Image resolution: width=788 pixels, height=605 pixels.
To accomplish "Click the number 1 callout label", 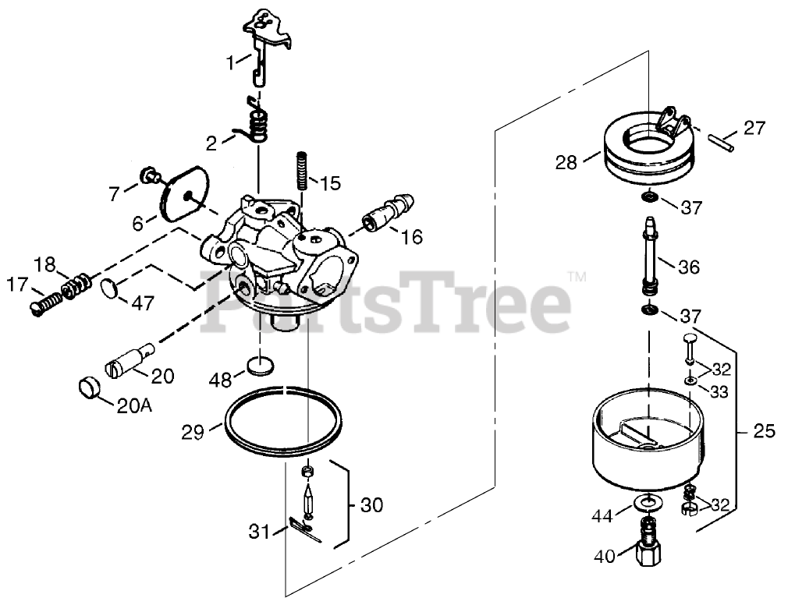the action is point(230,62).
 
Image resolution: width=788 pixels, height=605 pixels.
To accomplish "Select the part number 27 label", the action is point(754,128).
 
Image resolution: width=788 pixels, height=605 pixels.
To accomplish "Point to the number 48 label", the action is point(222,380).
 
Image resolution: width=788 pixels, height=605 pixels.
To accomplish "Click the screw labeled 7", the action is point(147,175).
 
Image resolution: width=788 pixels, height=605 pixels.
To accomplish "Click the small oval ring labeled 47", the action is point(109,288).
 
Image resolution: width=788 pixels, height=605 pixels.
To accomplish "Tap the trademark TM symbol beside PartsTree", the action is point(576,277).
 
